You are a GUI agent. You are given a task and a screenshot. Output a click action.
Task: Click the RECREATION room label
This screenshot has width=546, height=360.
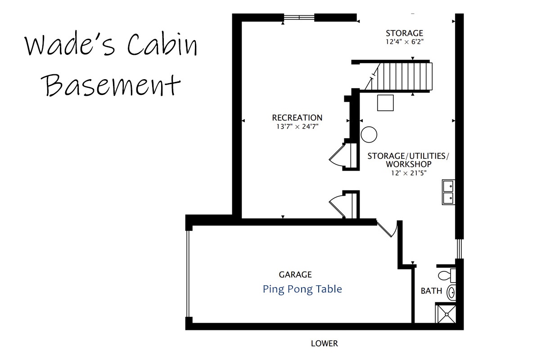click(x=297, y=118)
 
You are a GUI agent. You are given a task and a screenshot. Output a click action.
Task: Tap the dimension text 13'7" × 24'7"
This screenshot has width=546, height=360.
click(x=297, y=127)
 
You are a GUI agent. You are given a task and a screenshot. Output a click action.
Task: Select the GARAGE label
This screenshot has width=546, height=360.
click(x=295, y=274)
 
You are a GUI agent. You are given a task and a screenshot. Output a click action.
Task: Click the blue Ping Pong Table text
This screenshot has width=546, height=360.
click(x=302, y=289)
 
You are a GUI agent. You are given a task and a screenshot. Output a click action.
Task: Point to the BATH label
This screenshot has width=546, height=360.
click(x=431, y=291)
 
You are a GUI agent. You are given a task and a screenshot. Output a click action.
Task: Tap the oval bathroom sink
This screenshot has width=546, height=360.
click(x=451, y=292)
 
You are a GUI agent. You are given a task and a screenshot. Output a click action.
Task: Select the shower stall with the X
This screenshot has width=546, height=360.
click(x=446, y=314)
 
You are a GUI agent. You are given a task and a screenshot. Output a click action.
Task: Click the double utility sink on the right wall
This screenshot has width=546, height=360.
click(x=448, y=192)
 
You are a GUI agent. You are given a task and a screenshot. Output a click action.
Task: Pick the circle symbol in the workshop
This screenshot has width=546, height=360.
click(x=369, y=135)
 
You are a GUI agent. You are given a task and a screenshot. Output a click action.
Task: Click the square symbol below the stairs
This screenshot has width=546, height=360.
click(x=385, y=103)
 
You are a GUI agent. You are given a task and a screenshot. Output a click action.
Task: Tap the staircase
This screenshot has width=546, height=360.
click(x=398, y=76)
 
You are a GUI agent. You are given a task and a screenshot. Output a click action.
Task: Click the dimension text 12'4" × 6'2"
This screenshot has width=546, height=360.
click(x=404, y=42)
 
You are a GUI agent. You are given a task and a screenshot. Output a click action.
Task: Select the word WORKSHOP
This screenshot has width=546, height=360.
click(x=409, y=164)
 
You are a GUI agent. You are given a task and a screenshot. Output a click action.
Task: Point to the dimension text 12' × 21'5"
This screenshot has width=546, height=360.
click(x=409, y=173)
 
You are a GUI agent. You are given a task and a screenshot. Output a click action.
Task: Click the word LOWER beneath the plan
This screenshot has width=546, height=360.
click(x=324, y=344)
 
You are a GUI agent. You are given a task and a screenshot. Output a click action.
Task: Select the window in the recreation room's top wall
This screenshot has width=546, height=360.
click(x=299, y=17)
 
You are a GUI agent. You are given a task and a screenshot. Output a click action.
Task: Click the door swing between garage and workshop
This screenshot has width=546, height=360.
click(x=388, y=229)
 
